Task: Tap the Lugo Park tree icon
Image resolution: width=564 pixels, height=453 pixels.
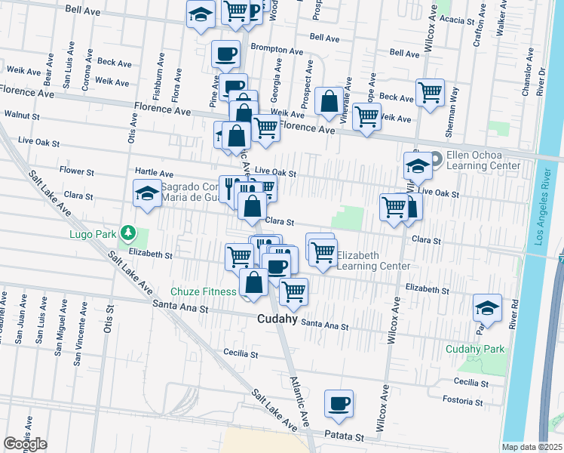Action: click(128, 233)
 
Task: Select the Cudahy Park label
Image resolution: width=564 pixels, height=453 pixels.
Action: click(474, 349)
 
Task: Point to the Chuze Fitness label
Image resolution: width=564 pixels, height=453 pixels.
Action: click(203, 291)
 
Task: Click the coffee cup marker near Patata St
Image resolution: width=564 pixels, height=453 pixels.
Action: click(339, 403)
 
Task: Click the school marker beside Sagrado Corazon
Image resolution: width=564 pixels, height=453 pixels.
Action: click(147, 193)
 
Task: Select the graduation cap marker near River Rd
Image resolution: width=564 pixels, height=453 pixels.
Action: click(487, 308)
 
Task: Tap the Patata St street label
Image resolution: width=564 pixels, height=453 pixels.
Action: click(345, 436)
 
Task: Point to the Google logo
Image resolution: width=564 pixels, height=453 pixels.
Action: click(24, 443)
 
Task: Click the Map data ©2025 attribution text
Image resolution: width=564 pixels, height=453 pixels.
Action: click(532, 447)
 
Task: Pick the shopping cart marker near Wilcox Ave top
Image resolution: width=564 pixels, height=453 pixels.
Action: click(430, 93)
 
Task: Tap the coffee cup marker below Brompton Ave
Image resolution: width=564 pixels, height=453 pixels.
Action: click(225, 54)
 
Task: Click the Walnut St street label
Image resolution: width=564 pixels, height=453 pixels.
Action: click(21, 116)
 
